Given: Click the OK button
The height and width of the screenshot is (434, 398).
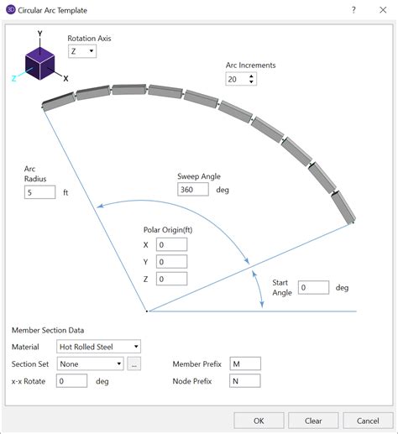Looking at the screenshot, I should point(259,421).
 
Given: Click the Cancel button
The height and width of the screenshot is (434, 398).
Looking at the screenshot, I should point(368,421).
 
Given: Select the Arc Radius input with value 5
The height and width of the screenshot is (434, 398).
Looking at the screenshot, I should point(39,192).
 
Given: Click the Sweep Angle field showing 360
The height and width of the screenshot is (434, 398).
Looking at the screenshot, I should point(192,189).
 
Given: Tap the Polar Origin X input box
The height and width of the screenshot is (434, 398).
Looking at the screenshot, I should point(170,244).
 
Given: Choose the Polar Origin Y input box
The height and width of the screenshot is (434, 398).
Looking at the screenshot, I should point(170,262).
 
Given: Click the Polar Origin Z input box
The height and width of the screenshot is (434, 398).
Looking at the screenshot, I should point(170,280).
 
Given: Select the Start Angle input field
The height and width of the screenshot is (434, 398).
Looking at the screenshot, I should point(313,287).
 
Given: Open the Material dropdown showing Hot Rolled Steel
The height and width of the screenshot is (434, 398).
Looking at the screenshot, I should point(98,346).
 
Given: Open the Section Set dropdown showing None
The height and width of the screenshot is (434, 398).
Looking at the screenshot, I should point(90,363).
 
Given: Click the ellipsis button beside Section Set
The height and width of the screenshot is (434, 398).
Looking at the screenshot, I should point(134,363).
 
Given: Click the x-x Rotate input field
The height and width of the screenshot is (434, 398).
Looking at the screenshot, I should point(71,381).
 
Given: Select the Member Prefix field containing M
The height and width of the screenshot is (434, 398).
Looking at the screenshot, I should point(244,363).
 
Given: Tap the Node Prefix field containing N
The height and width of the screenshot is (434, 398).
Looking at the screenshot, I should point(244,381).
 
